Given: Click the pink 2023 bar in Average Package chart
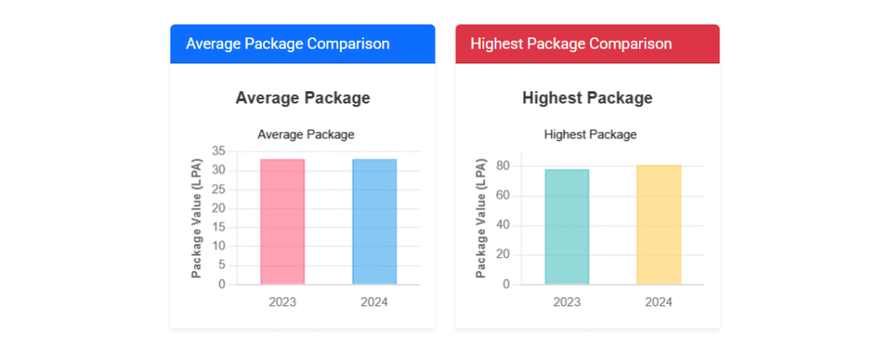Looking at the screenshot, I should point(282,222).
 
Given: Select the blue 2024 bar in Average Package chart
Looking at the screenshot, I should point(375,222).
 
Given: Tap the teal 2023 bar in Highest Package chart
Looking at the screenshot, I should point(567,227).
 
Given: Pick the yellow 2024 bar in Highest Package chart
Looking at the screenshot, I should point(659,224).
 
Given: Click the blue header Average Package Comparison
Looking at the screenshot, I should point(288,43).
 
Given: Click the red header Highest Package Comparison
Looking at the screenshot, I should point(571,43).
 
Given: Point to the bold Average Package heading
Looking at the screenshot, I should point(302,98).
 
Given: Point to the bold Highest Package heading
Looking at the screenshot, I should point(588,98).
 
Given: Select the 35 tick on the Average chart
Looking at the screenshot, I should point(217,151).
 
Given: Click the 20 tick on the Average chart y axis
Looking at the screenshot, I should point(217,209).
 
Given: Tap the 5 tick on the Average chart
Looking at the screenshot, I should point(221,265).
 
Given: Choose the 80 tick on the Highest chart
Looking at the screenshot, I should point(502,166).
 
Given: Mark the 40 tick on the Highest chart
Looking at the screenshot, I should point(502,225).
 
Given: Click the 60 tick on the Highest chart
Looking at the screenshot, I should point(502,196).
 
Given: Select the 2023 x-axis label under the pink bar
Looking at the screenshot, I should point(282,302).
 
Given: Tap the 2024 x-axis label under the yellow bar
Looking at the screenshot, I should point(659,302).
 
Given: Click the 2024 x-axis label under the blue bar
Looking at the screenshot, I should point(375,302).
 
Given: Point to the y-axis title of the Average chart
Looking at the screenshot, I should point(196,218).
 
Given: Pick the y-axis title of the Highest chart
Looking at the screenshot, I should point(481,218).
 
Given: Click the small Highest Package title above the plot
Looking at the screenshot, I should point(590,135).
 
